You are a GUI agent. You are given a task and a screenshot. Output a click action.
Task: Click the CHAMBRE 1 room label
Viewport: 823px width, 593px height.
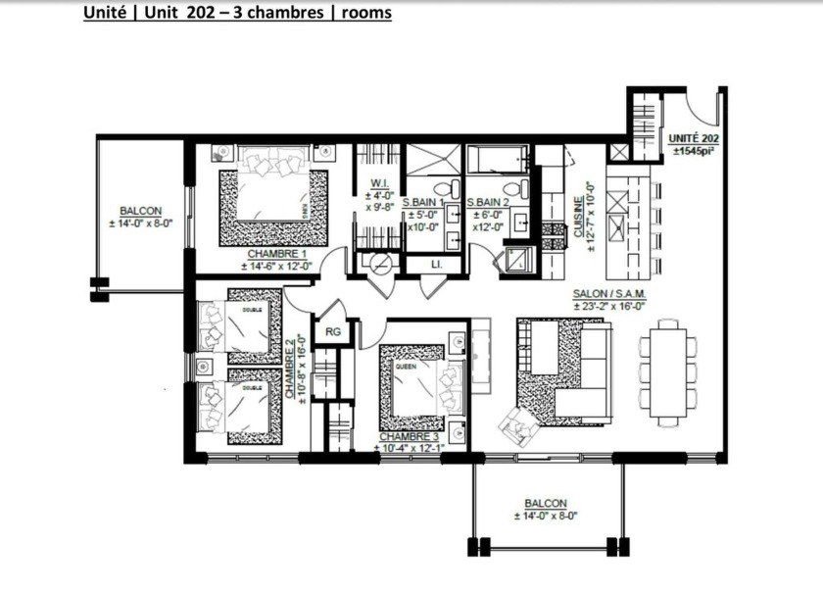(x=270, y=253)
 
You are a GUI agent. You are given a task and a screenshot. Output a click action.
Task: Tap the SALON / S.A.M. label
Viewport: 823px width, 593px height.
(x=609, y=294)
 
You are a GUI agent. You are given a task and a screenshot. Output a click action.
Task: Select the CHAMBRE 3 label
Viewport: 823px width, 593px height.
(x=411, y=436)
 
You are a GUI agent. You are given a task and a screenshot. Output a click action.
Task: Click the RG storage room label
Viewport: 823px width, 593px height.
(x=332, y=331)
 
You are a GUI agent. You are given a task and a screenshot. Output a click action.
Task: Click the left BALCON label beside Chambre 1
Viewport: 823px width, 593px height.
(x=140, y=211)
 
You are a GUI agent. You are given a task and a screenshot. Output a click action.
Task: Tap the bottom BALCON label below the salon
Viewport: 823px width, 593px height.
(x=545, y=500)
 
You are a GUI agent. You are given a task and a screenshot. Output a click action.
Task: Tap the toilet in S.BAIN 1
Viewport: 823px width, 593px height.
(x=442, y=187)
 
